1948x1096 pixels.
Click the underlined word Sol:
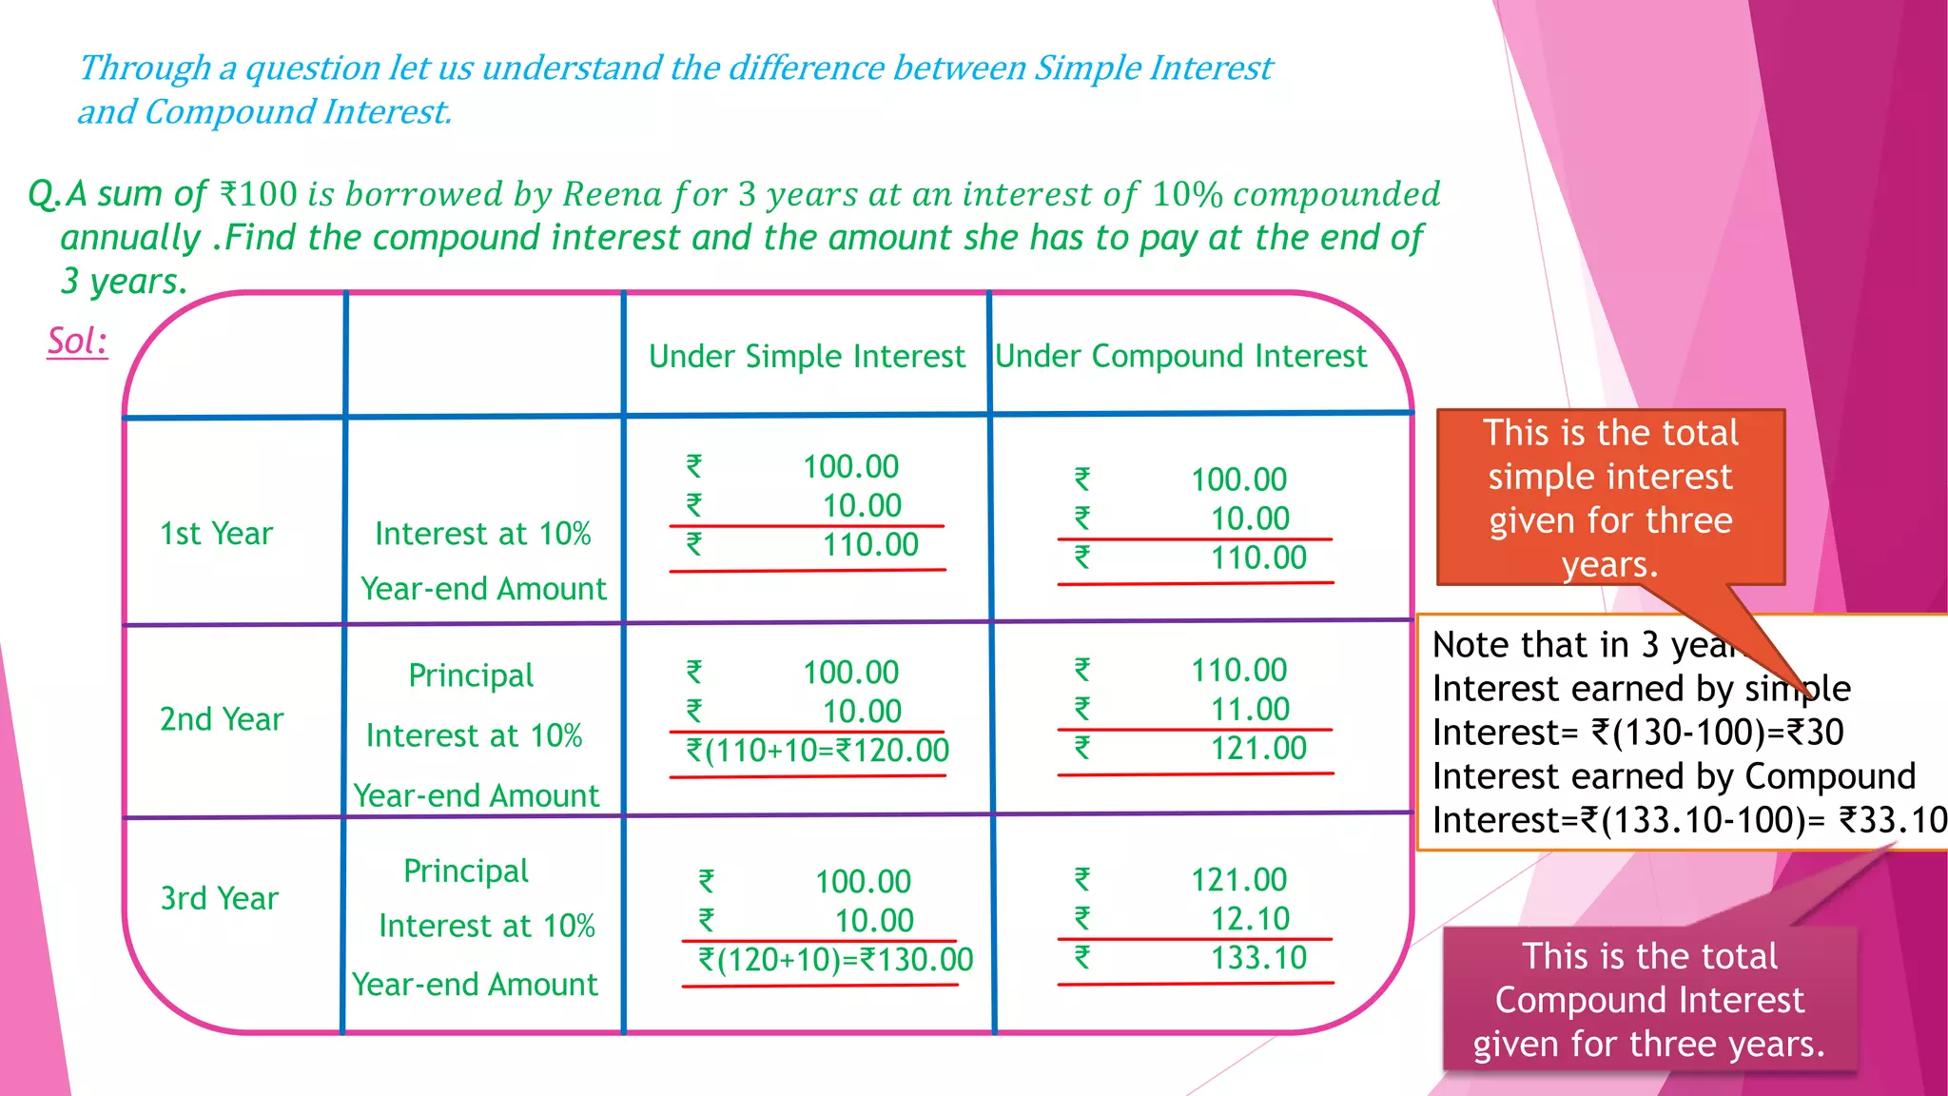coord(77,341)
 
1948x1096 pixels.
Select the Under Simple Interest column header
coord(807,356)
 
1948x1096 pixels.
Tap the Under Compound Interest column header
coord(1180,356)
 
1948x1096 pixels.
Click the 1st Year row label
coord(216,534)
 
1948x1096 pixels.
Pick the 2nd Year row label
coord(222,719)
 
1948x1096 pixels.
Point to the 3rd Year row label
coord(220,898)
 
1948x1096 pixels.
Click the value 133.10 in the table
coord(1258,958)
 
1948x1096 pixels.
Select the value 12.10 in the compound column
coord(1250,919)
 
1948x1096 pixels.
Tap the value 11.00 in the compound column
coord(1250,710)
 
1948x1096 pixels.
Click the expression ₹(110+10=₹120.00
coord(818,751)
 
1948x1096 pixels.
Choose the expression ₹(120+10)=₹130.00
coord(835,960)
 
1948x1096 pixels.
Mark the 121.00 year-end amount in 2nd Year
coord(1258,749)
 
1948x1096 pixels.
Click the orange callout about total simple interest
coord(1610,498)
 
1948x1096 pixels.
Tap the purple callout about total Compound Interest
coord(1649,1000)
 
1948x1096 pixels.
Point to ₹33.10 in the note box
coord(1892,820)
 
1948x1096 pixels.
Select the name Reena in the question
coord(613,194)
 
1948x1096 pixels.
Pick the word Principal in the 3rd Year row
coord(466,871)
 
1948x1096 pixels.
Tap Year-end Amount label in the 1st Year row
coord(483,589)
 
